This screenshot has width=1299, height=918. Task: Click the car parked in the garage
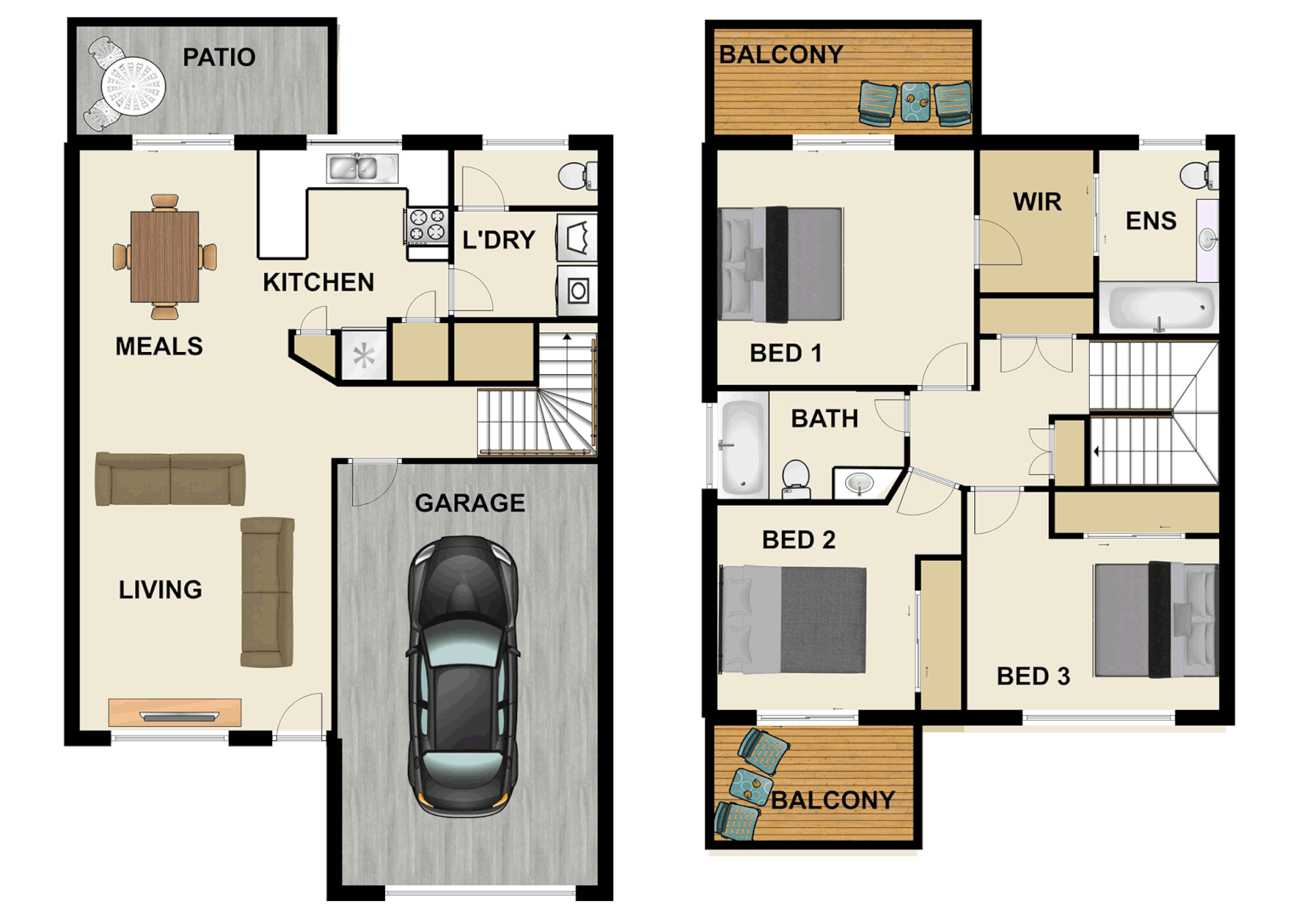pos(462,676)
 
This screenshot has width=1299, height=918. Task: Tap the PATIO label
pos(218,58)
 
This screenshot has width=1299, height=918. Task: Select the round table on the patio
pos(133,86)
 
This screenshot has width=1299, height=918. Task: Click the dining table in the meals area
pos(165,257)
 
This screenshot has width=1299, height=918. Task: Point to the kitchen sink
pos(362,168)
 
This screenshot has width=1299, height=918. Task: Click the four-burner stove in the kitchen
pos(427,226)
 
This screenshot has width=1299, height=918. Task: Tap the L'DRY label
pos(498,241)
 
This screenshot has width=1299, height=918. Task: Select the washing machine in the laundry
pos(578,292)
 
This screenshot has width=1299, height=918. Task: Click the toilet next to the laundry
pos(577,176)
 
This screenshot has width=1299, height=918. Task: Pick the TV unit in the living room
pos(175,712)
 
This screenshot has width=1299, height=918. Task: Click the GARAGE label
pos(469,503)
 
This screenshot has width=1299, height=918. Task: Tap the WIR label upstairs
pos(1037,202)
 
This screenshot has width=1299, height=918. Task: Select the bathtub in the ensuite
pos(1158,307)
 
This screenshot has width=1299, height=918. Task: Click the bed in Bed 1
pos(780,264)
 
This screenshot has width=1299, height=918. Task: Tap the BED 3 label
pos(1033,677)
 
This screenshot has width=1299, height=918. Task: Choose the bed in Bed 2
pos(792,620)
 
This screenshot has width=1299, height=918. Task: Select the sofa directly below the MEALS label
pos(170,479)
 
